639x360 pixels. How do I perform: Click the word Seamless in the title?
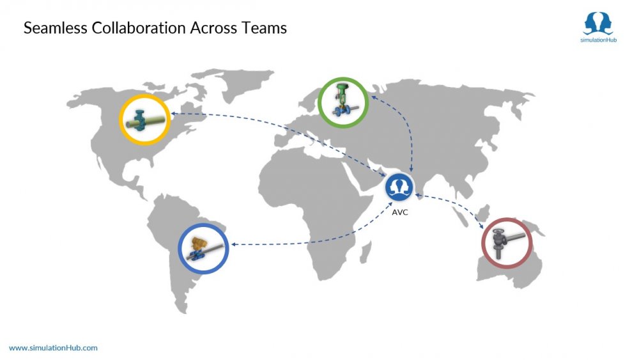click(x=56, y=27)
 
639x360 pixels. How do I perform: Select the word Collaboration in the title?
click(x=139, y=27)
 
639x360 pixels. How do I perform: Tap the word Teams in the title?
click(x=264, y=27)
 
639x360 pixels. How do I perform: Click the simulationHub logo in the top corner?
click(x=598, y=27)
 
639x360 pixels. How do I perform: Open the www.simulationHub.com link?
click(x=54, y=348)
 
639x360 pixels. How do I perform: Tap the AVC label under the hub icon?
click(x=400, y=212)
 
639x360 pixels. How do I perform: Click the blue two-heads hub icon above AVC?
click(x=399, y=187)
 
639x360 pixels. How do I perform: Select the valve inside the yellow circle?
click(x=144, y=120)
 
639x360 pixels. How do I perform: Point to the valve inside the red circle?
click(x=505, y=243)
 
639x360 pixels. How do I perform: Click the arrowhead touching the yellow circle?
click(x=174, y=114)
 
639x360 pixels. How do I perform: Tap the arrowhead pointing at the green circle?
click(x=373, y=98)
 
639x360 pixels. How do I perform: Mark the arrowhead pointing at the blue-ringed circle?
click(x=234, y=245)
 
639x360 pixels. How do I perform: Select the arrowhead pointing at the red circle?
click(x=481, y=226)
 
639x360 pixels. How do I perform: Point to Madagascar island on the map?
click(x=365, y=252)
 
